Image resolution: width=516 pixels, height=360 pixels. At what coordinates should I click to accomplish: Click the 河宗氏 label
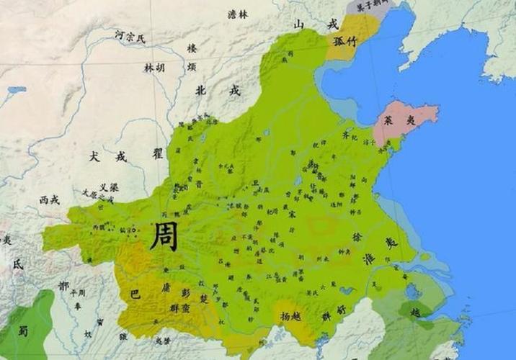(130, 36)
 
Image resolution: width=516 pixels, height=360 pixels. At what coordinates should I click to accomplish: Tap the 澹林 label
(237, 13)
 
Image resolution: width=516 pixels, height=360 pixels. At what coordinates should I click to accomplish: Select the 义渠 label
(109, 186)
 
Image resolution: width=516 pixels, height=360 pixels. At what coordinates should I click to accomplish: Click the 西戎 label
(49, 199)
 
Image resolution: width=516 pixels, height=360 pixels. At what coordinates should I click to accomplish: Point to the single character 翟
(159, 153)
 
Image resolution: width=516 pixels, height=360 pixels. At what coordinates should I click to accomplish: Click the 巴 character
(133, 294)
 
